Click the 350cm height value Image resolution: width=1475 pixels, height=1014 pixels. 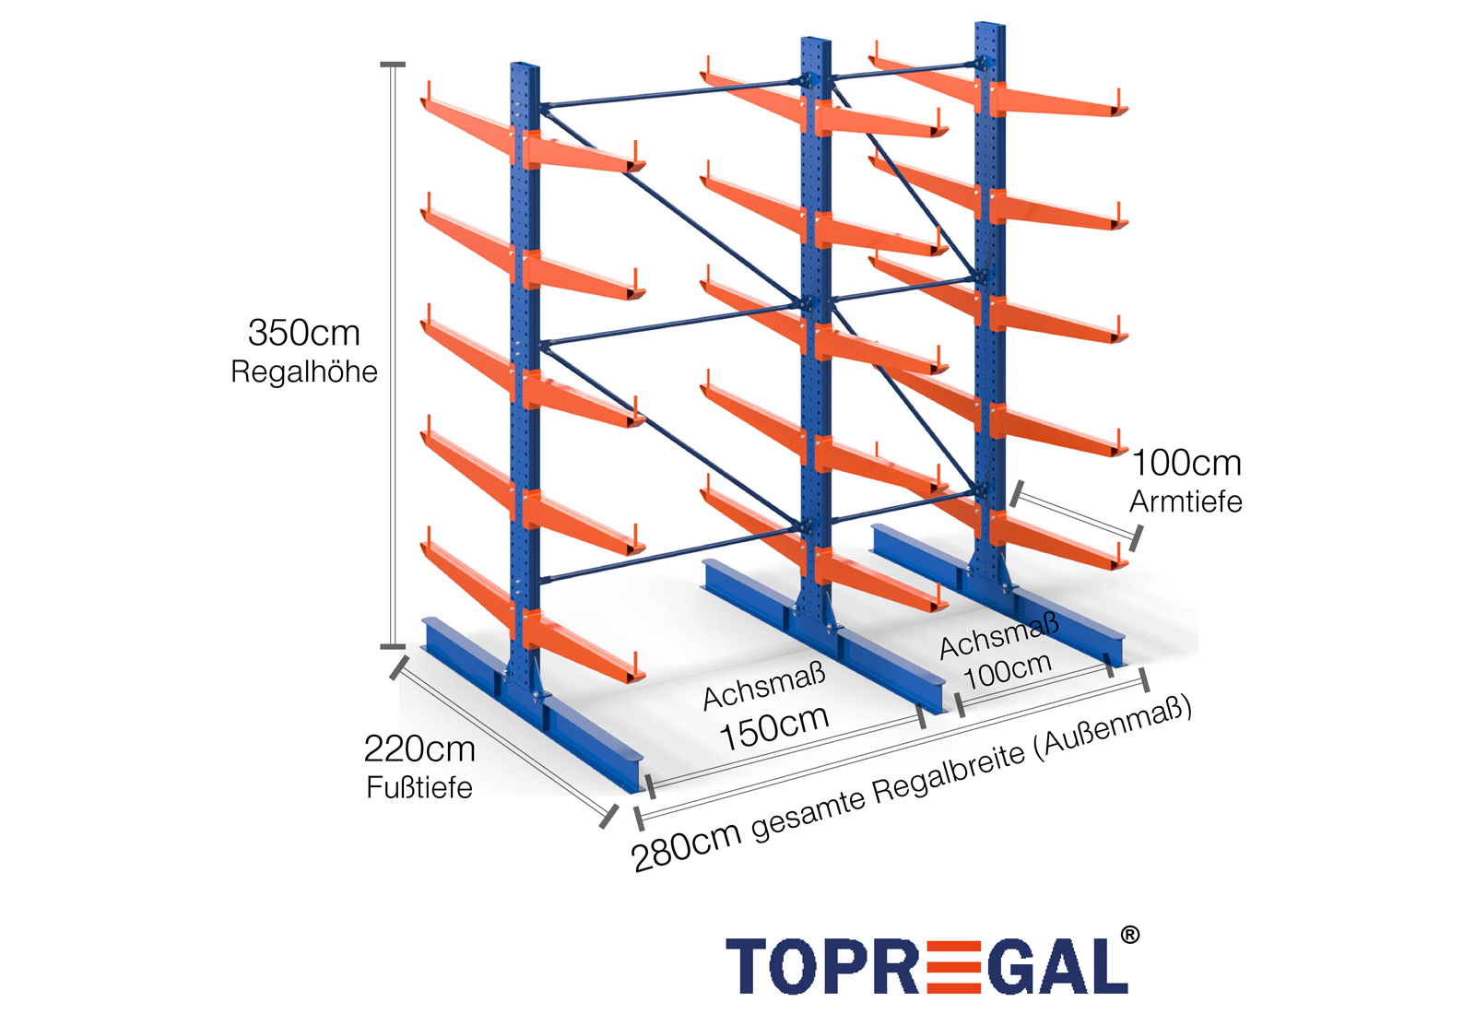pyautogui.click(x=303, y=333)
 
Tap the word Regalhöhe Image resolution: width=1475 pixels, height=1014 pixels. pyautogui.click(x=303, y=371)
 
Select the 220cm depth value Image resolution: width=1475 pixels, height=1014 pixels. pyautogui.click(x=419, y=749)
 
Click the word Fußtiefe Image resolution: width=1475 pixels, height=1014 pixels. pyautogui.click(x=419, y=787)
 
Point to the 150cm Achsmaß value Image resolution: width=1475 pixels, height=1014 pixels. pyautogui.click(x=774, y=727)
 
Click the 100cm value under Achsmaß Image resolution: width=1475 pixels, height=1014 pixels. pyautogui.click(x=1008, y=671)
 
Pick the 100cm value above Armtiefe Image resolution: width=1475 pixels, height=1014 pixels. pyautogui.click(x=1186, y=463)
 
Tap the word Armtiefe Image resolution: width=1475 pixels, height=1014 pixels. pyautogui.click(x=1186, y=501)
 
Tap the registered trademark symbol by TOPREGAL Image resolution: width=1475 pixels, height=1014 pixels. pyautogui.click(x=1129, y=937)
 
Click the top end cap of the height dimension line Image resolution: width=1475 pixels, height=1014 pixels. pyautogui.click(x=393, y=65)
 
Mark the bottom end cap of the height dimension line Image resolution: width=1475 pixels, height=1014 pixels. pyautogui.click(x=393, y=646)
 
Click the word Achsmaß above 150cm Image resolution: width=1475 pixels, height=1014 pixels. pyautogui.click(x=764, y=688)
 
